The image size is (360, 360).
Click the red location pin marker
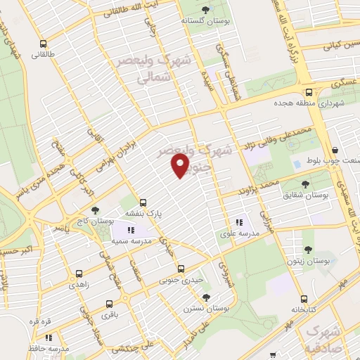[x=181, y=166]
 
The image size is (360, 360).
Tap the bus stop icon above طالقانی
[x=44, y=42]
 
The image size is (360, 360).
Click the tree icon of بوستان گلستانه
[x=205, y=10]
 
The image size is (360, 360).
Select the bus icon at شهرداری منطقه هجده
[x=309, y=92]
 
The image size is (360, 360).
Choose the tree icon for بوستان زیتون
[x=308, y=250]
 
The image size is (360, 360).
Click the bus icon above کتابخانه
[x=303, y=299]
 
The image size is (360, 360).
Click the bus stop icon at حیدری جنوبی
[x=181, y=269]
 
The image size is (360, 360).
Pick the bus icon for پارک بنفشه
[x=143, y=202]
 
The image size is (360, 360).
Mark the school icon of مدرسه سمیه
[x=129, y=230]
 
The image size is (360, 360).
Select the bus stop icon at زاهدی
[x=79, y=274]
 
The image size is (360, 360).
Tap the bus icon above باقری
[x=108, y=304]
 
